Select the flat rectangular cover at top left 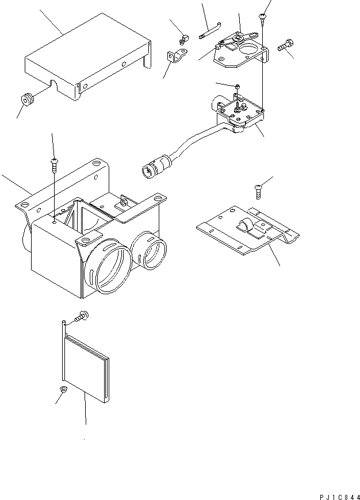(86, 57)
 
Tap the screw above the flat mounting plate (258, 188)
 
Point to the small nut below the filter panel (63, 391)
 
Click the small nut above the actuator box (236, 87)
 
